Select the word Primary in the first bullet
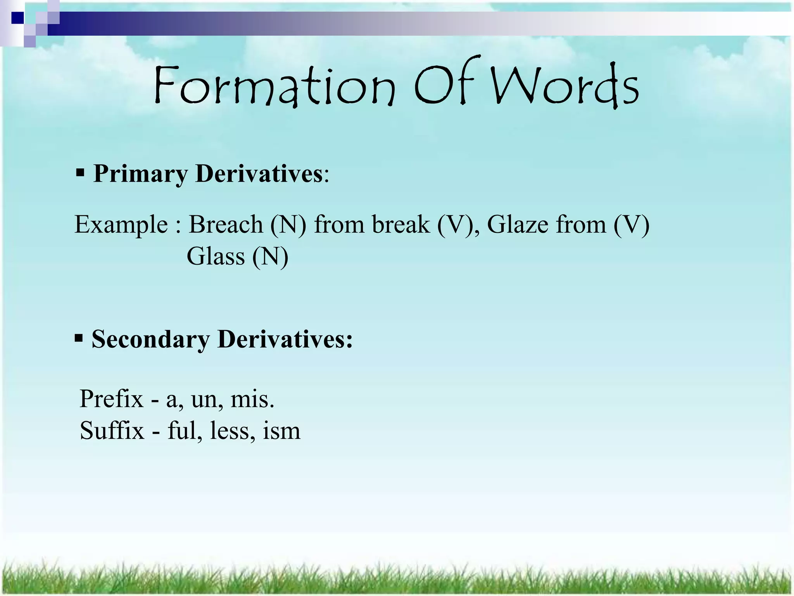[x=140, y=173]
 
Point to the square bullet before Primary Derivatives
[x=80, y=172]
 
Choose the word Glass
[x=216, y=256]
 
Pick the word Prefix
[x=111, y=399]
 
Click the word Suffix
[x=112, y=431]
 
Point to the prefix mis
[x=252, y=400]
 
